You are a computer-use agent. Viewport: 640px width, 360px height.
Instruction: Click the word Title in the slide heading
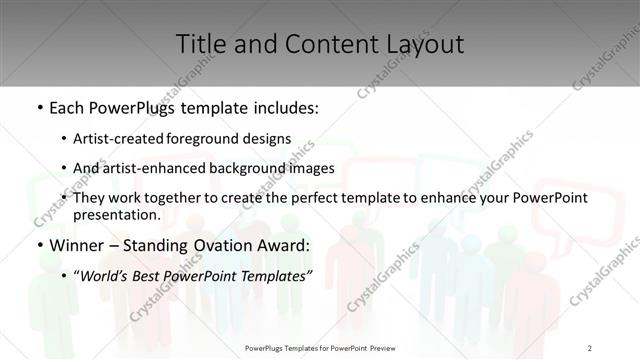point(200,44)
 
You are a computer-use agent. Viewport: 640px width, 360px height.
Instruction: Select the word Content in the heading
point(321,44)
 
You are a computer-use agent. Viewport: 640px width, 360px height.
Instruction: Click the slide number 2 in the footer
point(590,347)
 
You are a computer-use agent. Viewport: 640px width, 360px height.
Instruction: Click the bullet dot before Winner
point(40,245)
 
